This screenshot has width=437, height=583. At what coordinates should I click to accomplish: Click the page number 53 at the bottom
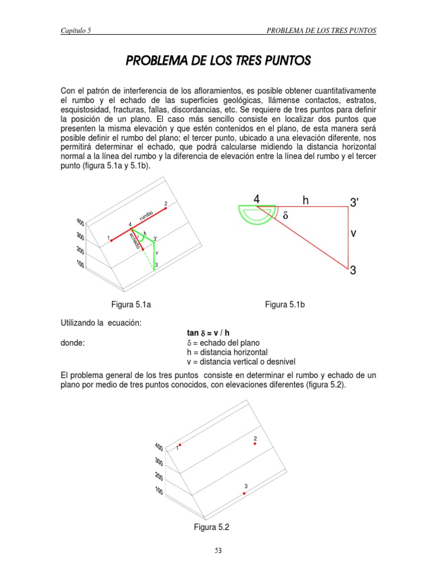(218, 550)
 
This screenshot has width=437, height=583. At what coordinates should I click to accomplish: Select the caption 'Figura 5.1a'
(128, 305)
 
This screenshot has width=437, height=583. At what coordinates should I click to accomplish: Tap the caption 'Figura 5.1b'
(285, 305)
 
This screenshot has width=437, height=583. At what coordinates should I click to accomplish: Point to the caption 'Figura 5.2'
(211, 528)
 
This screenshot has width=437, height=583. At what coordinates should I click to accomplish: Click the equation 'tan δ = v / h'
(208, 332)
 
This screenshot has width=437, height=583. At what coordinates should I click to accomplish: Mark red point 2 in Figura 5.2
(255, 444)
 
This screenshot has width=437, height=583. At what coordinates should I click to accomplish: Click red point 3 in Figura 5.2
(244, 493)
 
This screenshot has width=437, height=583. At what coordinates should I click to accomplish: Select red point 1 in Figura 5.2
(180, 445)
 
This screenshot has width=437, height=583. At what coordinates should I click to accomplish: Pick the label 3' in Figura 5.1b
(354, 202)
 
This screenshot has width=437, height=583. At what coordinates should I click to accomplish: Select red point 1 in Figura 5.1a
(112, 240)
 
